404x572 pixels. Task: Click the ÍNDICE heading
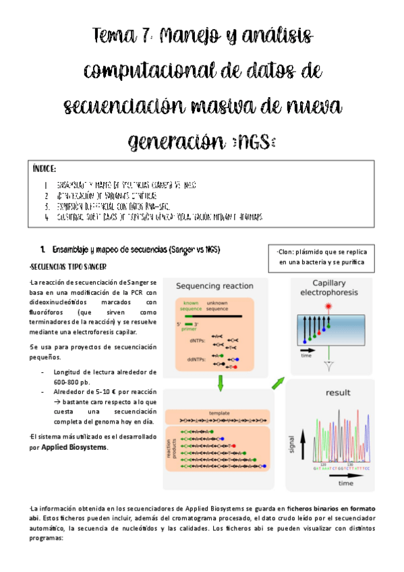[45, 168]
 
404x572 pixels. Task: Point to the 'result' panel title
[338, 393]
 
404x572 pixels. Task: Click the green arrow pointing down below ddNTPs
[220, 384]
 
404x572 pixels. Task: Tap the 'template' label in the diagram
[220, 412]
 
